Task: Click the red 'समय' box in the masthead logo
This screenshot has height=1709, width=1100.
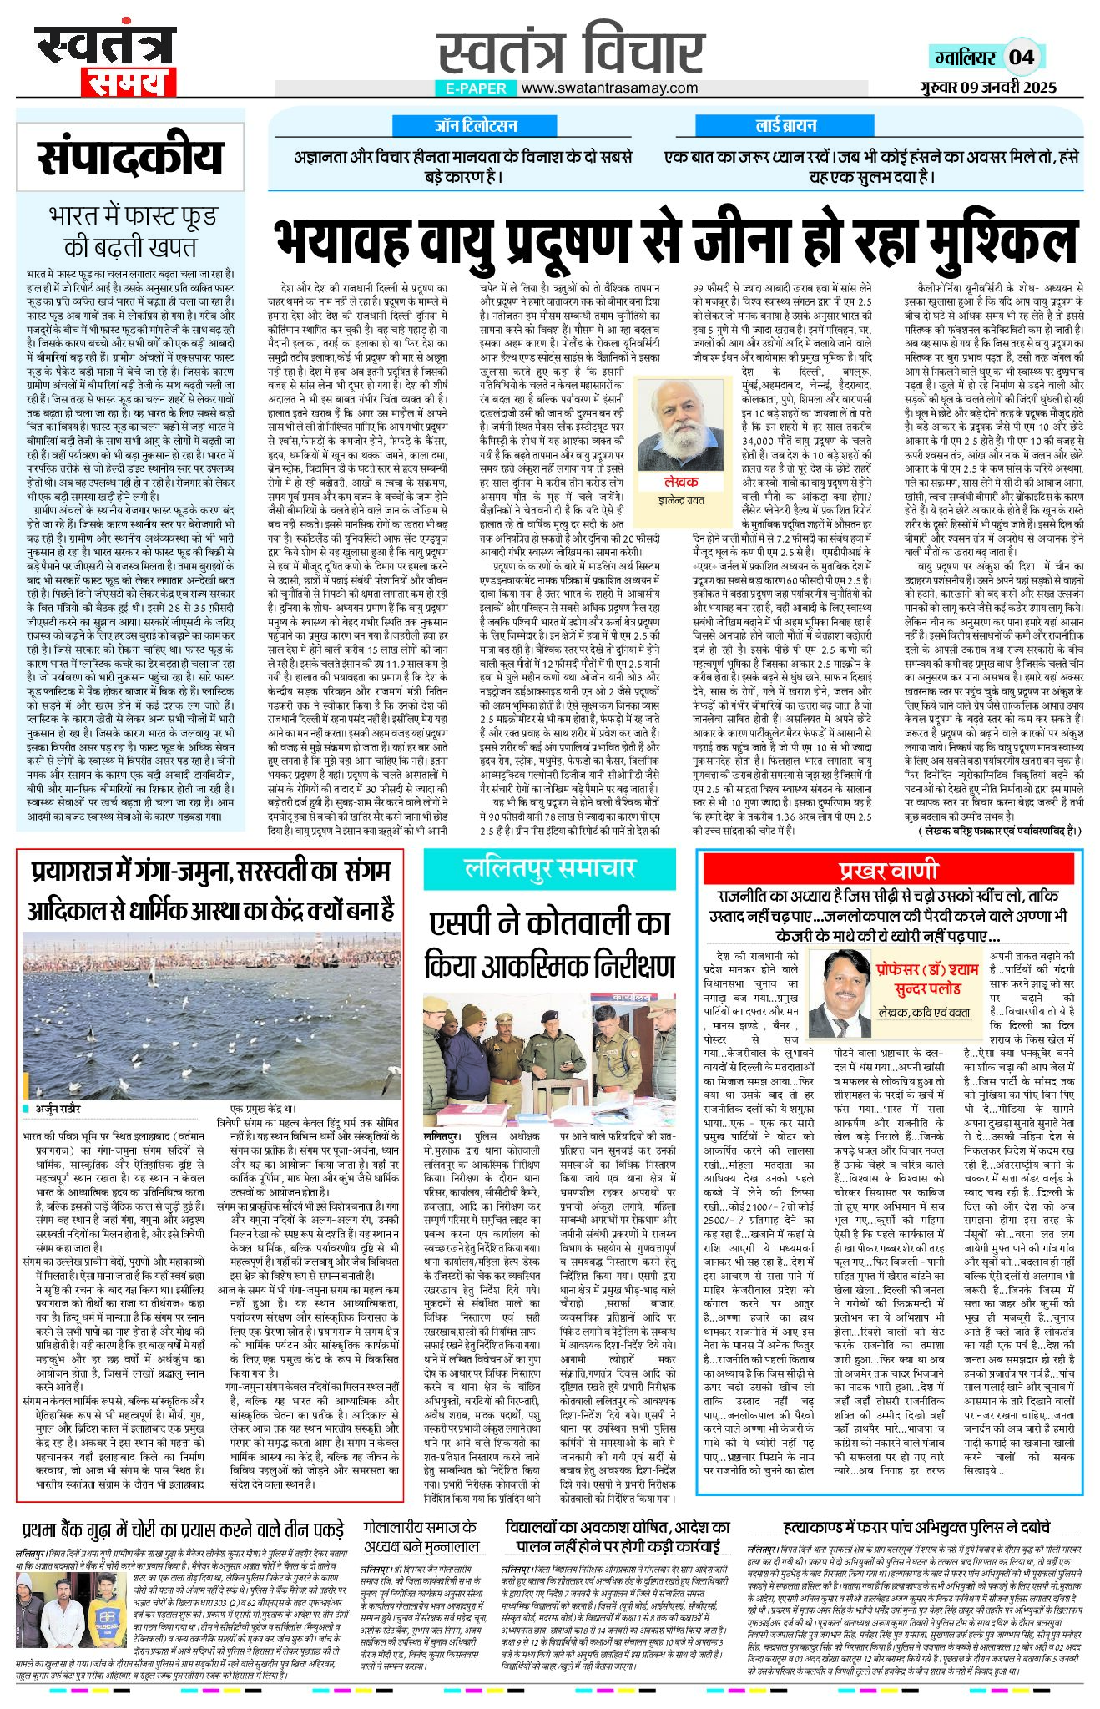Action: pos(129,81)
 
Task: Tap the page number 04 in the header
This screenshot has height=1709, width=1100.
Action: pos(1021,57)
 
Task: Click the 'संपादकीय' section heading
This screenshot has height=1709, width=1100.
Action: pos(131,159)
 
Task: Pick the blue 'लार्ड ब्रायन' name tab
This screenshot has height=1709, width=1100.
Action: pos(785,126)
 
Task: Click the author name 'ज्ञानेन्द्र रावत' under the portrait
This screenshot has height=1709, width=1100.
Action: pos(681,500)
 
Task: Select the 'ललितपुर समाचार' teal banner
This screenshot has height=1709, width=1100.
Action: pos(550,869)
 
